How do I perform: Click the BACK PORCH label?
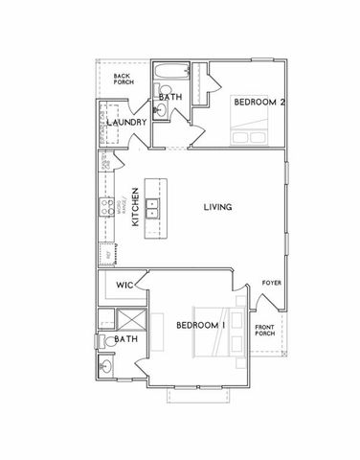tap(123, 79)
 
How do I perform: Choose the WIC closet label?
tap(124, 285)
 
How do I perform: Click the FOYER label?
tap(271, 285)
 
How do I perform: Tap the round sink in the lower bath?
tap(104, 367)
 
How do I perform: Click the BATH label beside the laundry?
tap(169, 97)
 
